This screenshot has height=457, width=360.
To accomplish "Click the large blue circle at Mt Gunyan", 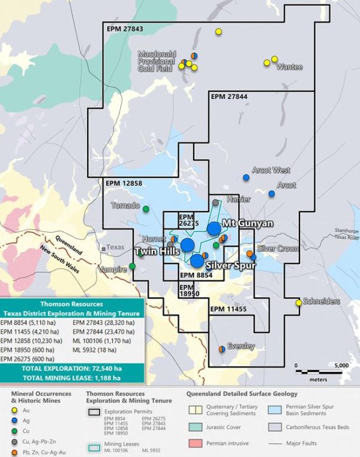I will (x=214, y=228).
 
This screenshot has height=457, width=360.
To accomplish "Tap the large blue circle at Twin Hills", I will (x=188, y=245).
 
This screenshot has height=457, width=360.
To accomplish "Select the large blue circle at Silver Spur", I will (x=197, y=261).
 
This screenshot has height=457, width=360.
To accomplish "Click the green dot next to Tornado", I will (x=146, y=209).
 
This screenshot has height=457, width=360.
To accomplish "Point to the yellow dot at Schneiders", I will (x=299, y=303).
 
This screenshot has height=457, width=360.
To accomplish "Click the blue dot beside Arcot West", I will (x=246, y=178).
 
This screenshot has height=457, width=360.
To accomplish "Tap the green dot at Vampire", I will (x=132, y=266).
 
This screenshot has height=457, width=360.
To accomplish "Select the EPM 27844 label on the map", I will (x=229, y=96).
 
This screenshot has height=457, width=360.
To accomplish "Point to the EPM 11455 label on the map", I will (x=229, y=308).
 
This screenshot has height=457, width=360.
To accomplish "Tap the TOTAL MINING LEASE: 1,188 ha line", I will (x=71, y=378).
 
